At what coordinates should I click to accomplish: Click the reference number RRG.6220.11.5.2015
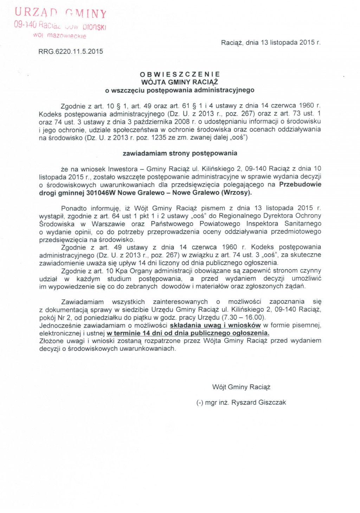tap(71, 52)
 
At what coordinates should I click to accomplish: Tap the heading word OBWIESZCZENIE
tap(180, 74)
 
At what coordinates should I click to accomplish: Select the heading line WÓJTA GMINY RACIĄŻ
tap(180, 82)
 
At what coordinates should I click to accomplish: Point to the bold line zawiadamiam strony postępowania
tap(180, 153)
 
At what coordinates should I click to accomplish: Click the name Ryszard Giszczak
tap(258, 402)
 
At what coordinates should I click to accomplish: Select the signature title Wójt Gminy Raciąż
tap(241, 387)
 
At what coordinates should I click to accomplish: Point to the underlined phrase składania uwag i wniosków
tap(215, 325)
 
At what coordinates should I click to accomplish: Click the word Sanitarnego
tap(303, 224)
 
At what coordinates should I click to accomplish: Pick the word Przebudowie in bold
tap(300, 184)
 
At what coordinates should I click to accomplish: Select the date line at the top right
tap(271, 43)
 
